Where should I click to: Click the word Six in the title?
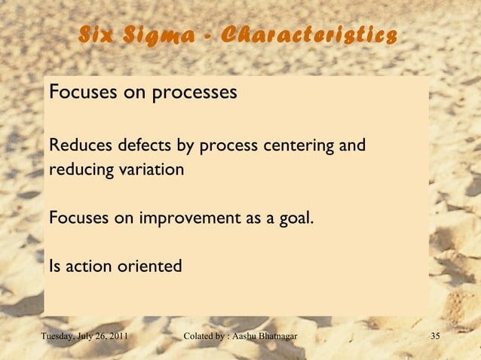point(97,36)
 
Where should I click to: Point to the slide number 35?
point(434,335)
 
